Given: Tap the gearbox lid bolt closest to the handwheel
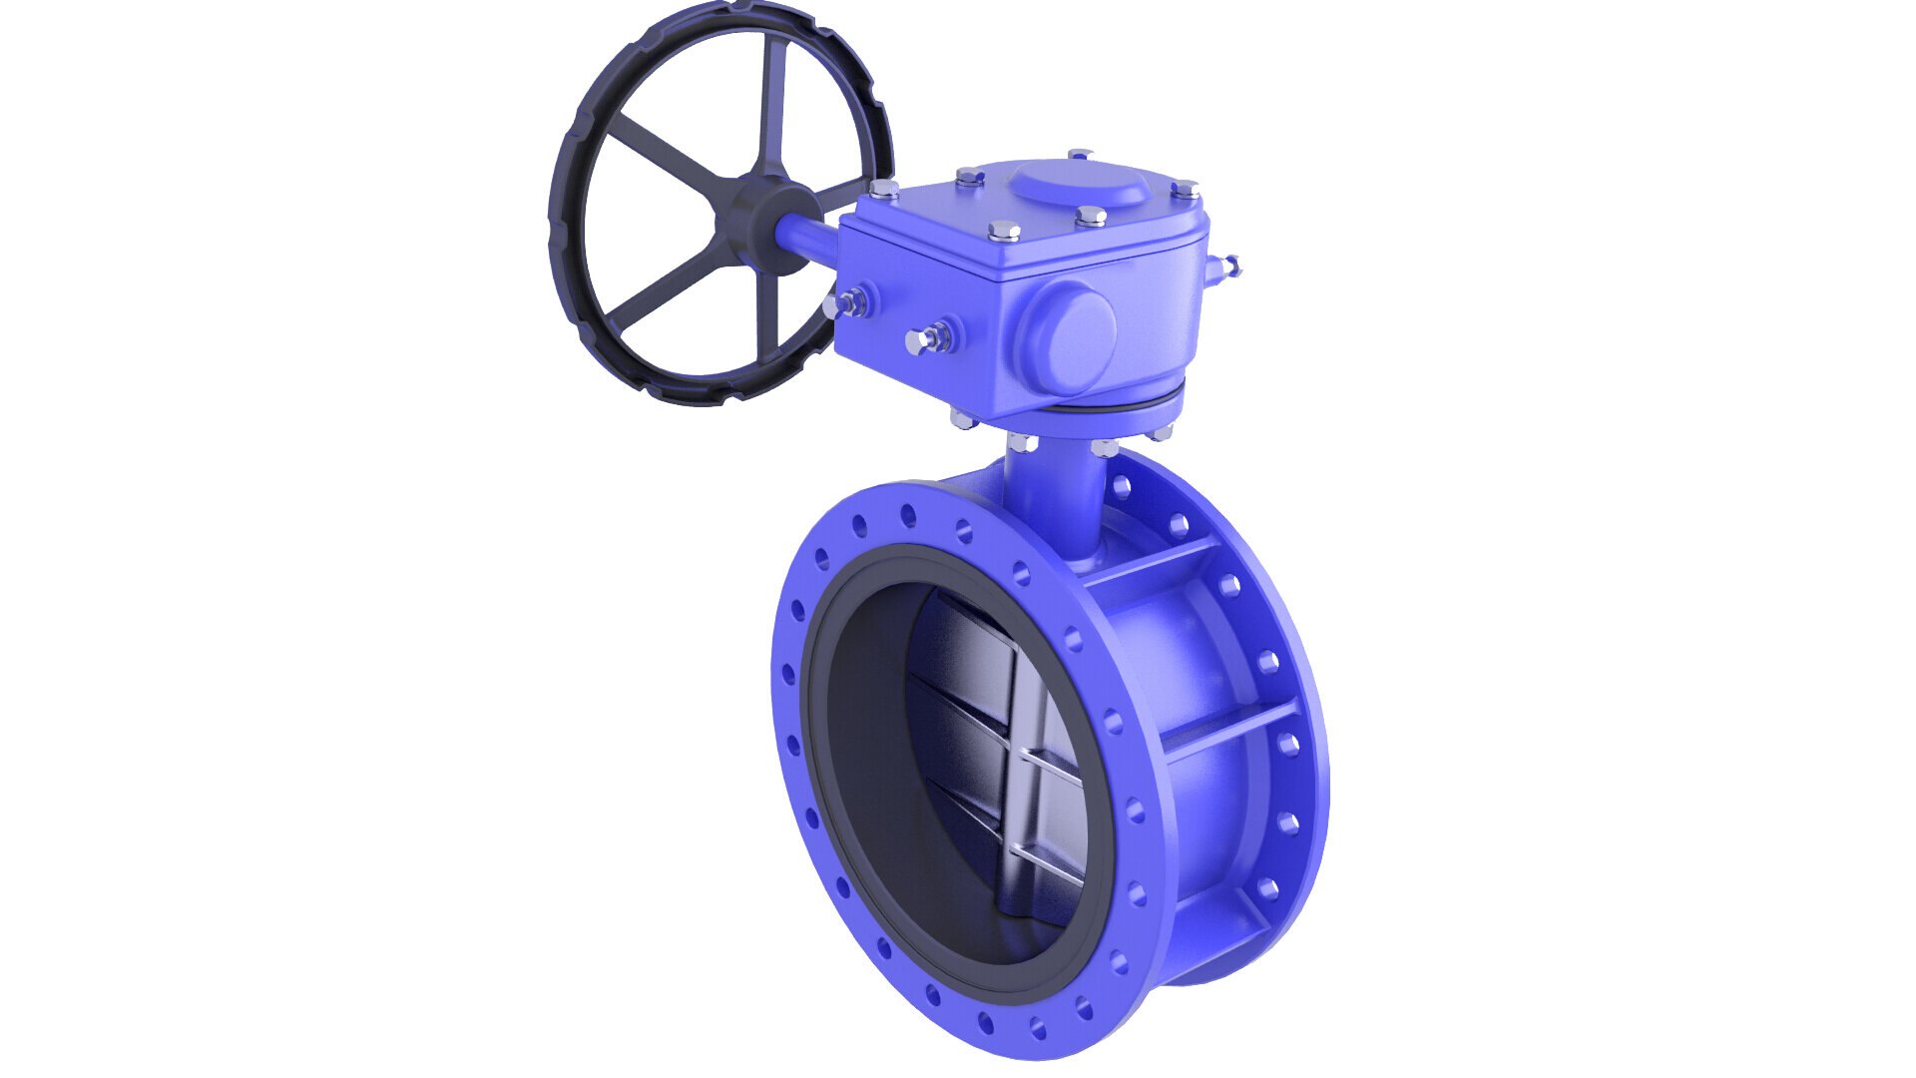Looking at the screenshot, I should click(x=883, y=188).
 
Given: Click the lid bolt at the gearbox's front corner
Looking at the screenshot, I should click(x=1003, y=233).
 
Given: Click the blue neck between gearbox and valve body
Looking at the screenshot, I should click(x=1058, y=499).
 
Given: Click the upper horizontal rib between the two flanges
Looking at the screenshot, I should click(x=1148, y=564).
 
